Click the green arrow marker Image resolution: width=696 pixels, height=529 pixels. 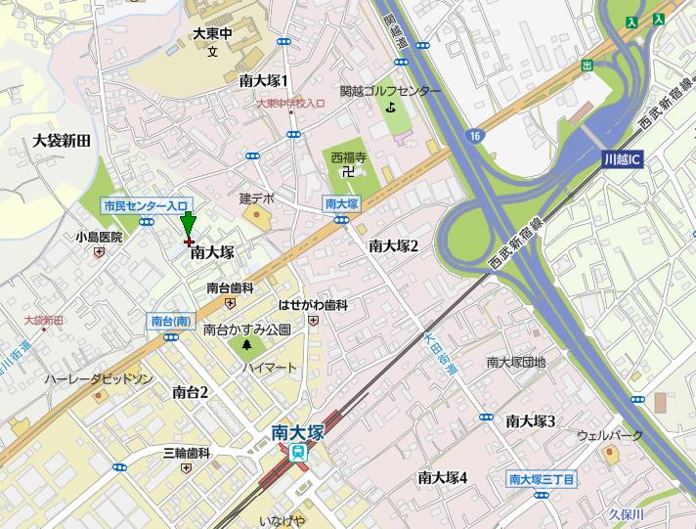point(189,225)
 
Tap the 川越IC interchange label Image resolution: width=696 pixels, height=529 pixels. point(622,157)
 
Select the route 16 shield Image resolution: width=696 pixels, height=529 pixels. point(474,134)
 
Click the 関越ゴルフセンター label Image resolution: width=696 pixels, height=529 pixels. point(390,91)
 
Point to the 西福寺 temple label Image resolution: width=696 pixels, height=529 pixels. point(347,156)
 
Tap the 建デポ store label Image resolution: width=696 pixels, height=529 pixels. point(257,198)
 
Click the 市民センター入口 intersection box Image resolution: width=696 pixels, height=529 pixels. point(145,205)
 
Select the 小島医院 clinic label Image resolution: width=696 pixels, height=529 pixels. point(99,237)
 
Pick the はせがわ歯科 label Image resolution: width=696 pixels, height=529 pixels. point(313,306)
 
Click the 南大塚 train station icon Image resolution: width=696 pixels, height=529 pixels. point(296,452)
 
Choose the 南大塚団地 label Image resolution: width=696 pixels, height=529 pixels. point(516,362)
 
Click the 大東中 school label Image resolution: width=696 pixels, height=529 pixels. point(212,33)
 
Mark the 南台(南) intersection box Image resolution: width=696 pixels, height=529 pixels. point(172,321)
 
